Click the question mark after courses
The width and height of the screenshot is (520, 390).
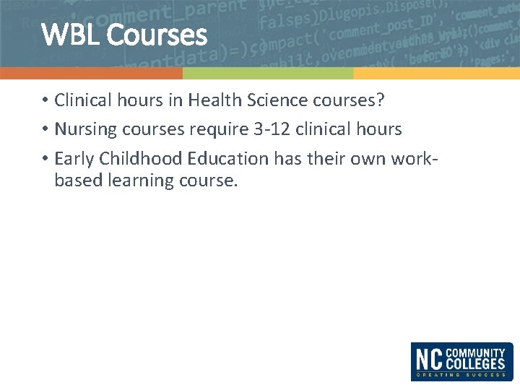click(381, 100)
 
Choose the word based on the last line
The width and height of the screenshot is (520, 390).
click(78, 181)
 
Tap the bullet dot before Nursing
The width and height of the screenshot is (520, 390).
click(44, 130)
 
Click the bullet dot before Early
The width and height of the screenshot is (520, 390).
click(44, 159)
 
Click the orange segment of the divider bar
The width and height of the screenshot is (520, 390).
click(91, 74)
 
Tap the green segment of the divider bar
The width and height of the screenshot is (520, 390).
click(268, 74)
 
